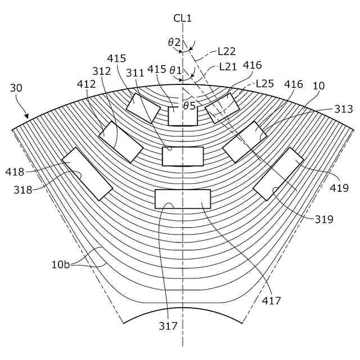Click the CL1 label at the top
182,19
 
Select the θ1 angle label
176,70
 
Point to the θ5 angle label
189,105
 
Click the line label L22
226,51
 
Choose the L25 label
265,83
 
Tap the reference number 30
17,88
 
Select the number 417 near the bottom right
271,301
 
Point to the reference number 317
168,326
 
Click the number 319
325,219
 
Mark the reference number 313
343,110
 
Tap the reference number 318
23,190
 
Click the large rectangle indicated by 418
87,174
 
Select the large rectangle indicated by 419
278,174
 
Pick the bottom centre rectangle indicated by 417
183,199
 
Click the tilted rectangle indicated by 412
120,142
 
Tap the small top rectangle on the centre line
183,116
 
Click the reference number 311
135,73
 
